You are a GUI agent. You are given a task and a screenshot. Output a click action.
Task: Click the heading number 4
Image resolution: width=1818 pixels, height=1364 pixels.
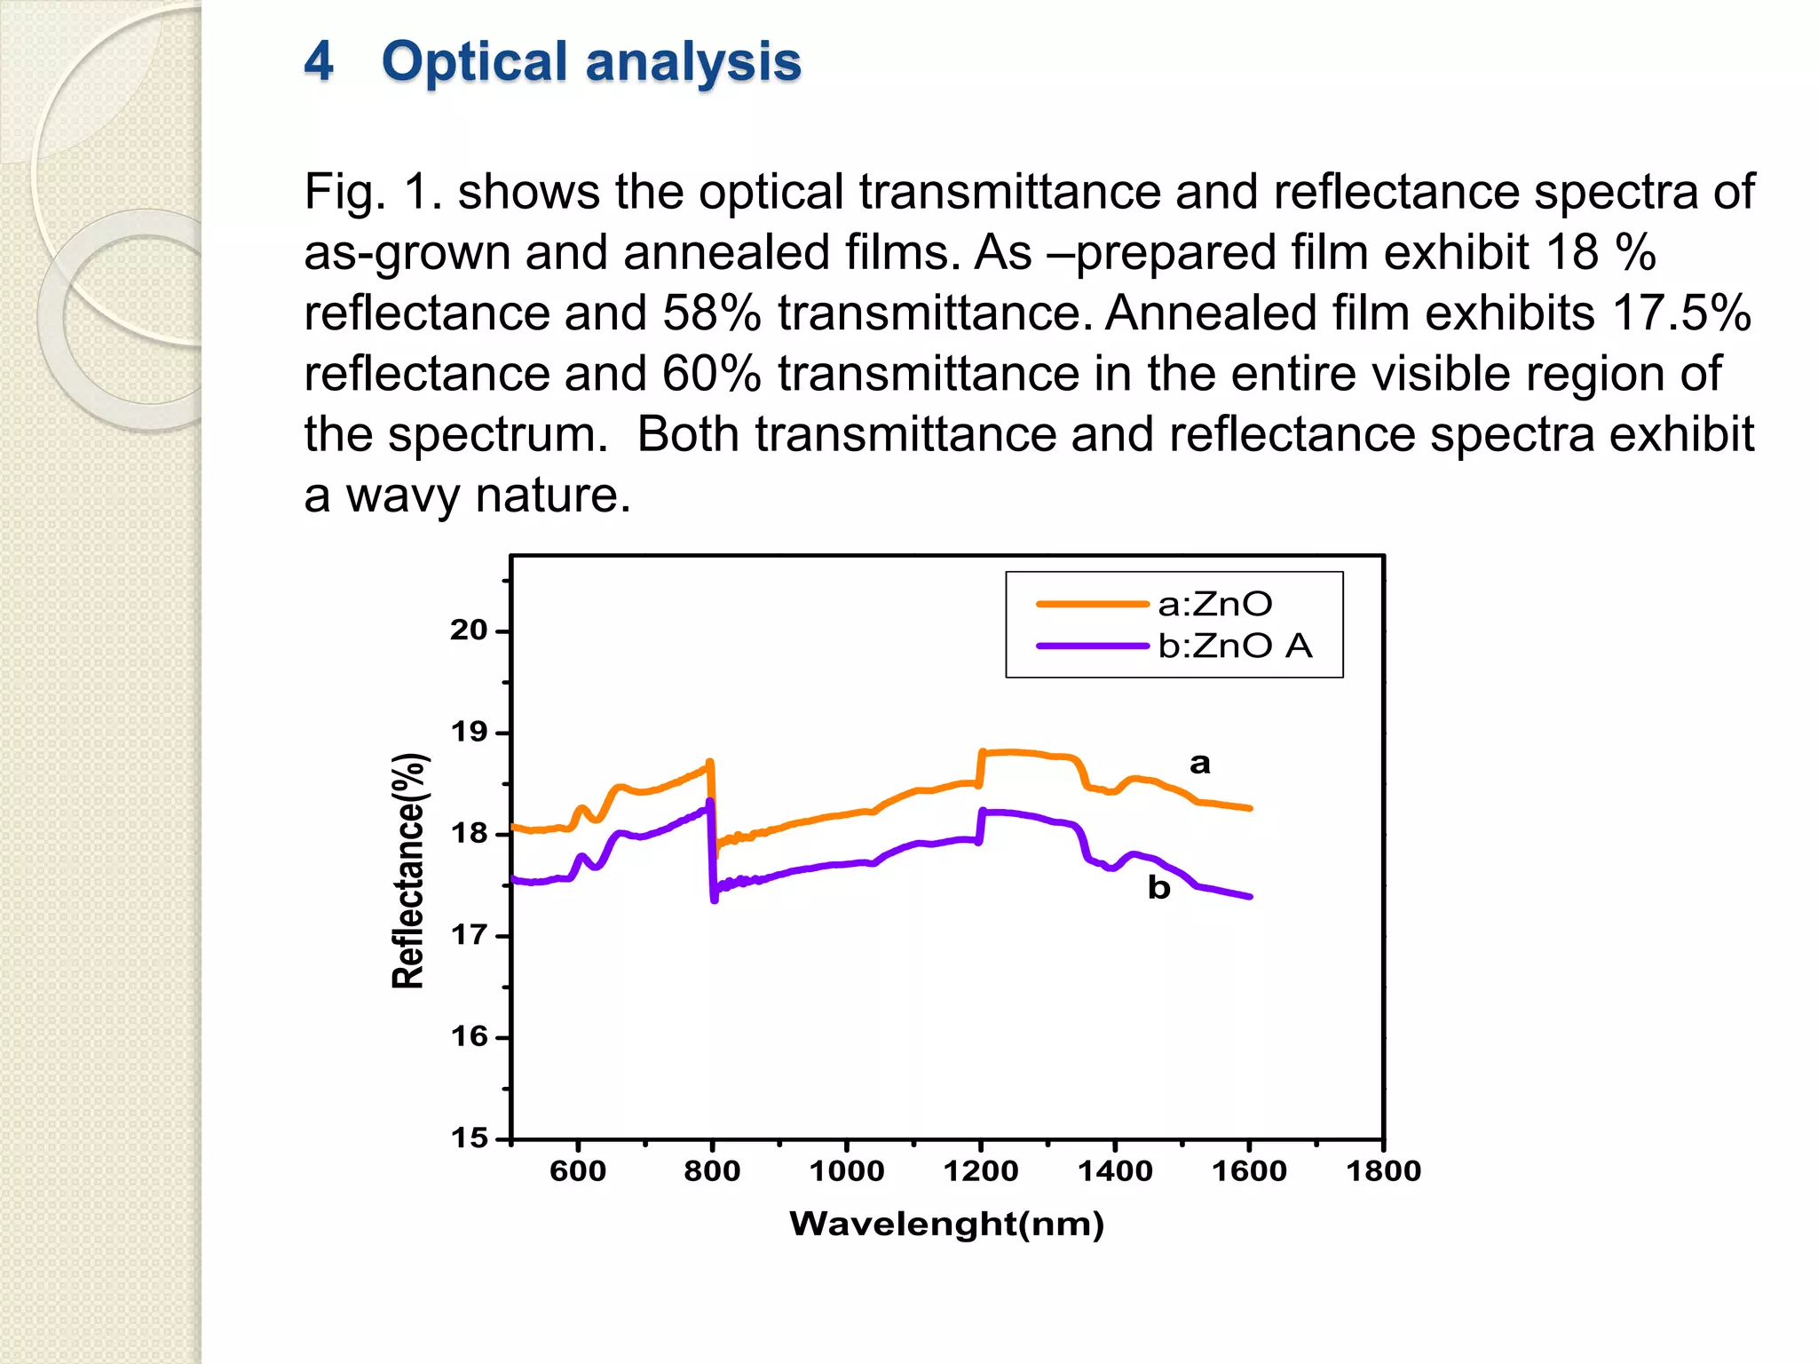pyautogui.click(x=319, y=62)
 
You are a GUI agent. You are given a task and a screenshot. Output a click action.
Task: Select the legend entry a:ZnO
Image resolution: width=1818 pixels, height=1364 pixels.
pyautogui.click(x=1214, y=605)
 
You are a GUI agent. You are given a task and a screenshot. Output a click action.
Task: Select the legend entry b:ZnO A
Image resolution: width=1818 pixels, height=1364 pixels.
pyautogui.click(x=1235, y=646)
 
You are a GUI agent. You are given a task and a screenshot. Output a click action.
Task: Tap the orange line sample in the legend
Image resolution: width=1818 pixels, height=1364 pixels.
pyautogui.click(x=1092, y=605)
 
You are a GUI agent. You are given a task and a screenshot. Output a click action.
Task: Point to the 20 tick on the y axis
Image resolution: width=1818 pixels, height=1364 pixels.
pyautogui.click(x=470, y=630)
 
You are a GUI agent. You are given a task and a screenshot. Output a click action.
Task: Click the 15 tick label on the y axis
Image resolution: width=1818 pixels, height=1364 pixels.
pyautogui.click(x=470, y=1138)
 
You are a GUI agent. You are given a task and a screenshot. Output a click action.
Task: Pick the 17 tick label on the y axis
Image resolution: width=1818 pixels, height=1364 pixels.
pyautogui.click(x=470, y=935)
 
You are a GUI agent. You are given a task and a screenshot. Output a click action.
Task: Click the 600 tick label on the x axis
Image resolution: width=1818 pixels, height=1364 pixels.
pyautogui.click(x=578, y=1171)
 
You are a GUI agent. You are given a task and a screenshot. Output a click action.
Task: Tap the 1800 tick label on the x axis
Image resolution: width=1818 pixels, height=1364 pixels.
pyautogui.click(x=1383, y=1171)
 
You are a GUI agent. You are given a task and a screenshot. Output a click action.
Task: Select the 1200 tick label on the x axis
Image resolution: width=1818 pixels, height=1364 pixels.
pyautogui.click(x=980, y=1171)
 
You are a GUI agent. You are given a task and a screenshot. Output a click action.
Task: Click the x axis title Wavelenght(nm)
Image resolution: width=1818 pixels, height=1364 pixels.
pyautogui.click(x=946, y=1224)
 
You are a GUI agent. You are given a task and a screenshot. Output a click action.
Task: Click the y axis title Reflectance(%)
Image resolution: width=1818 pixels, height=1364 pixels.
pyautogui.click(x=409, y=870)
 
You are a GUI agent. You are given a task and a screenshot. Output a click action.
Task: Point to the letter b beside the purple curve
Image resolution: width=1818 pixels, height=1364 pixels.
pyautogui.click(x=1158, y=887)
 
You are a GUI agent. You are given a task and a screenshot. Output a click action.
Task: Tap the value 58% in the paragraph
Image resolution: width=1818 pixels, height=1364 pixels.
pyautogui.click(x=711, y=313)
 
